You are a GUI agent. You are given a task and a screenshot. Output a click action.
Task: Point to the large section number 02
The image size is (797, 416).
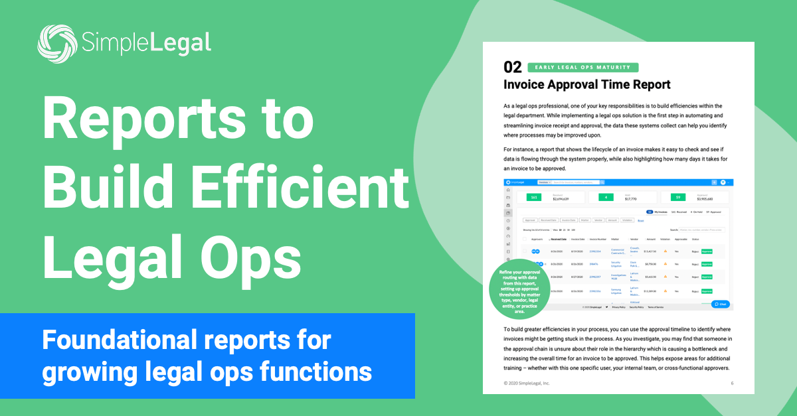(513, 67)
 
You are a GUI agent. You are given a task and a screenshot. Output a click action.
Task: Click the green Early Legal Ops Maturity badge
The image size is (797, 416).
(582, 67)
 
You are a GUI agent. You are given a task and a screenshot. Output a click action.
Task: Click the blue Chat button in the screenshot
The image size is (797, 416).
(720, 304)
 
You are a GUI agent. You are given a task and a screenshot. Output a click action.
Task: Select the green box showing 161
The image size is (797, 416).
(534, 197)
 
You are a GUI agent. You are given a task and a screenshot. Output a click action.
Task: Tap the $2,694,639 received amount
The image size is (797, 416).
(563, 198)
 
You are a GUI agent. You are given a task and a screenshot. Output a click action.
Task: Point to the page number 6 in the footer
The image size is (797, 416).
(731, 383)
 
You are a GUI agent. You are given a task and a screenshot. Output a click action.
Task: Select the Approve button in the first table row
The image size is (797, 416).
(707, 251)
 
